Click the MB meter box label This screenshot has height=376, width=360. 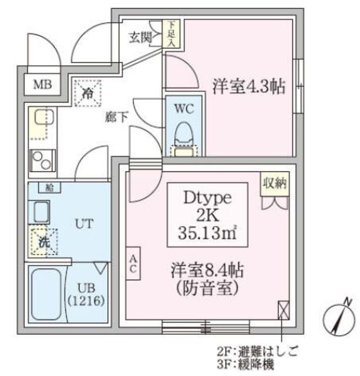tap(42, 85)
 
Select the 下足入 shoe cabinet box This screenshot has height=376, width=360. tap(170, 34)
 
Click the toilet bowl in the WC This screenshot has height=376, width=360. tap(183, 136)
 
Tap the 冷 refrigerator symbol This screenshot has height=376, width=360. tap(88, 93)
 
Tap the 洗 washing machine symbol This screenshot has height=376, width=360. tap(42, 240)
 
